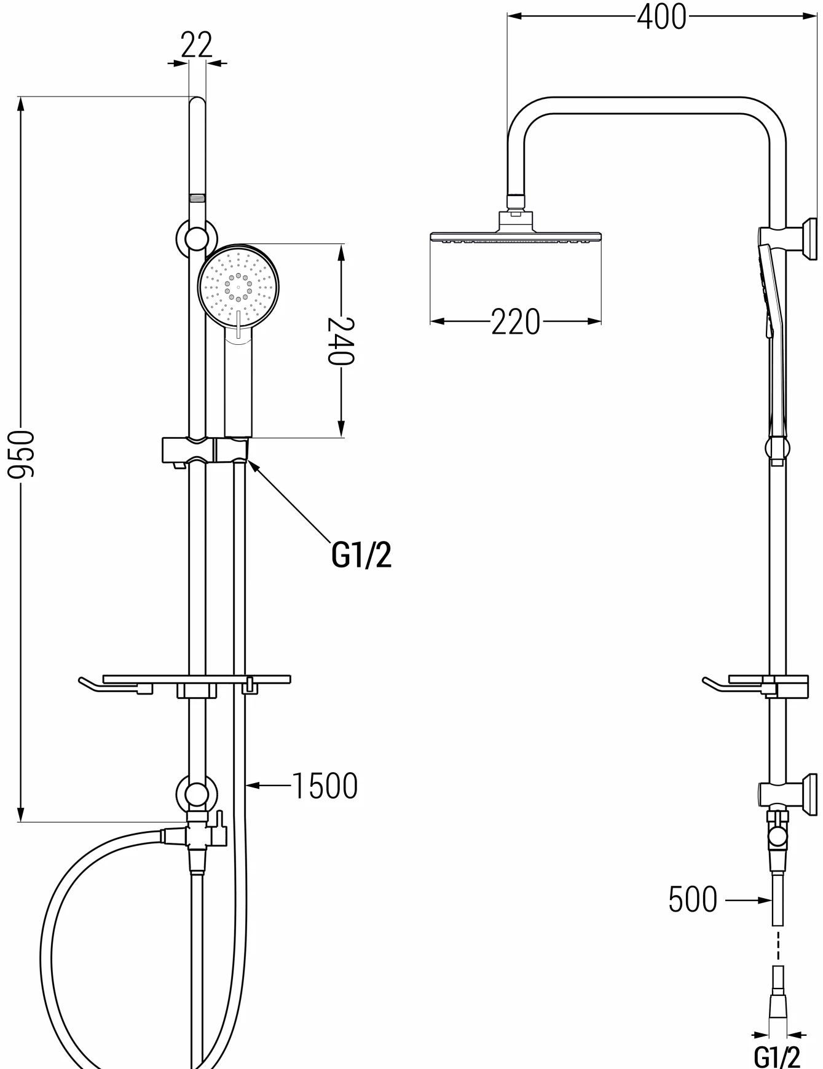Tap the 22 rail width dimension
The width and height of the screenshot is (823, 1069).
(197, 44)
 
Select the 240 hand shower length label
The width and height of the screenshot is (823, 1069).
(341, 341)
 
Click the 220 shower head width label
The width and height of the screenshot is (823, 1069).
(516, 321)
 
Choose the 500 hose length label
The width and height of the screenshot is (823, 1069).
(693, 900)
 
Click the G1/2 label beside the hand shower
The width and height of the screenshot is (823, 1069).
(361, 554)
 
